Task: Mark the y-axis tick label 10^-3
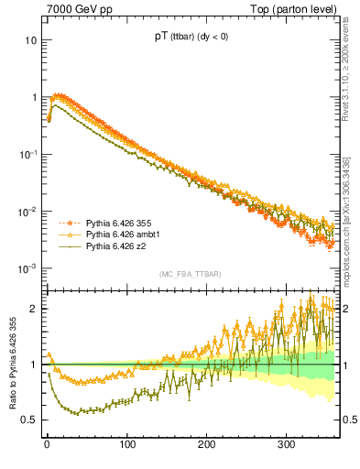pyautogui.click(x=28, y=267)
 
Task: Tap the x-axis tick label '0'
pyautogui.click(x=47, y=445)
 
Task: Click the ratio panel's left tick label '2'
pyautogui.click(x=33, y=309)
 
